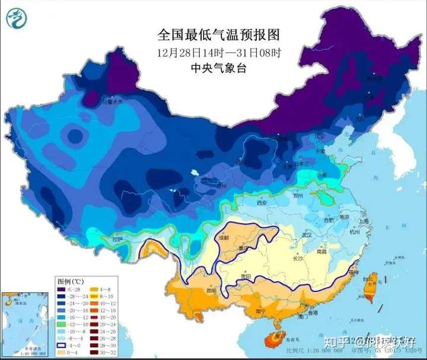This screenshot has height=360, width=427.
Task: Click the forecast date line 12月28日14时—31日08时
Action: coord(219,52)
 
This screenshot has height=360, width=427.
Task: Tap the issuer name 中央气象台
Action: coord(219,68)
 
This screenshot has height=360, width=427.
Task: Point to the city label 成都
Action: coord(224,238)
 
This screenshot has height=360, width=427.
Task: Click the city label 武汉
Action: coord(307,235)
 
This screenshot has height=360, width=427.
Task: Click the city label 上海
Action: coord(364,221)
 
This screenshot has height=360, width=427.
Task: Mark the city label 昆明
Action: coord(212,291)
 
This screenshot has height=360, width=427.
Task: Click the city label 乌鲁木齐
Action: coord(111,102)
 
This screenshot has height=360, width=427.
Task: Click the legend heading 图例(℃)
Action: coord(71,280)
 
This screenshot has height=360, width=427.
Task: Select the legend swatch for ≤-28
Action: coord(62,289)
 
